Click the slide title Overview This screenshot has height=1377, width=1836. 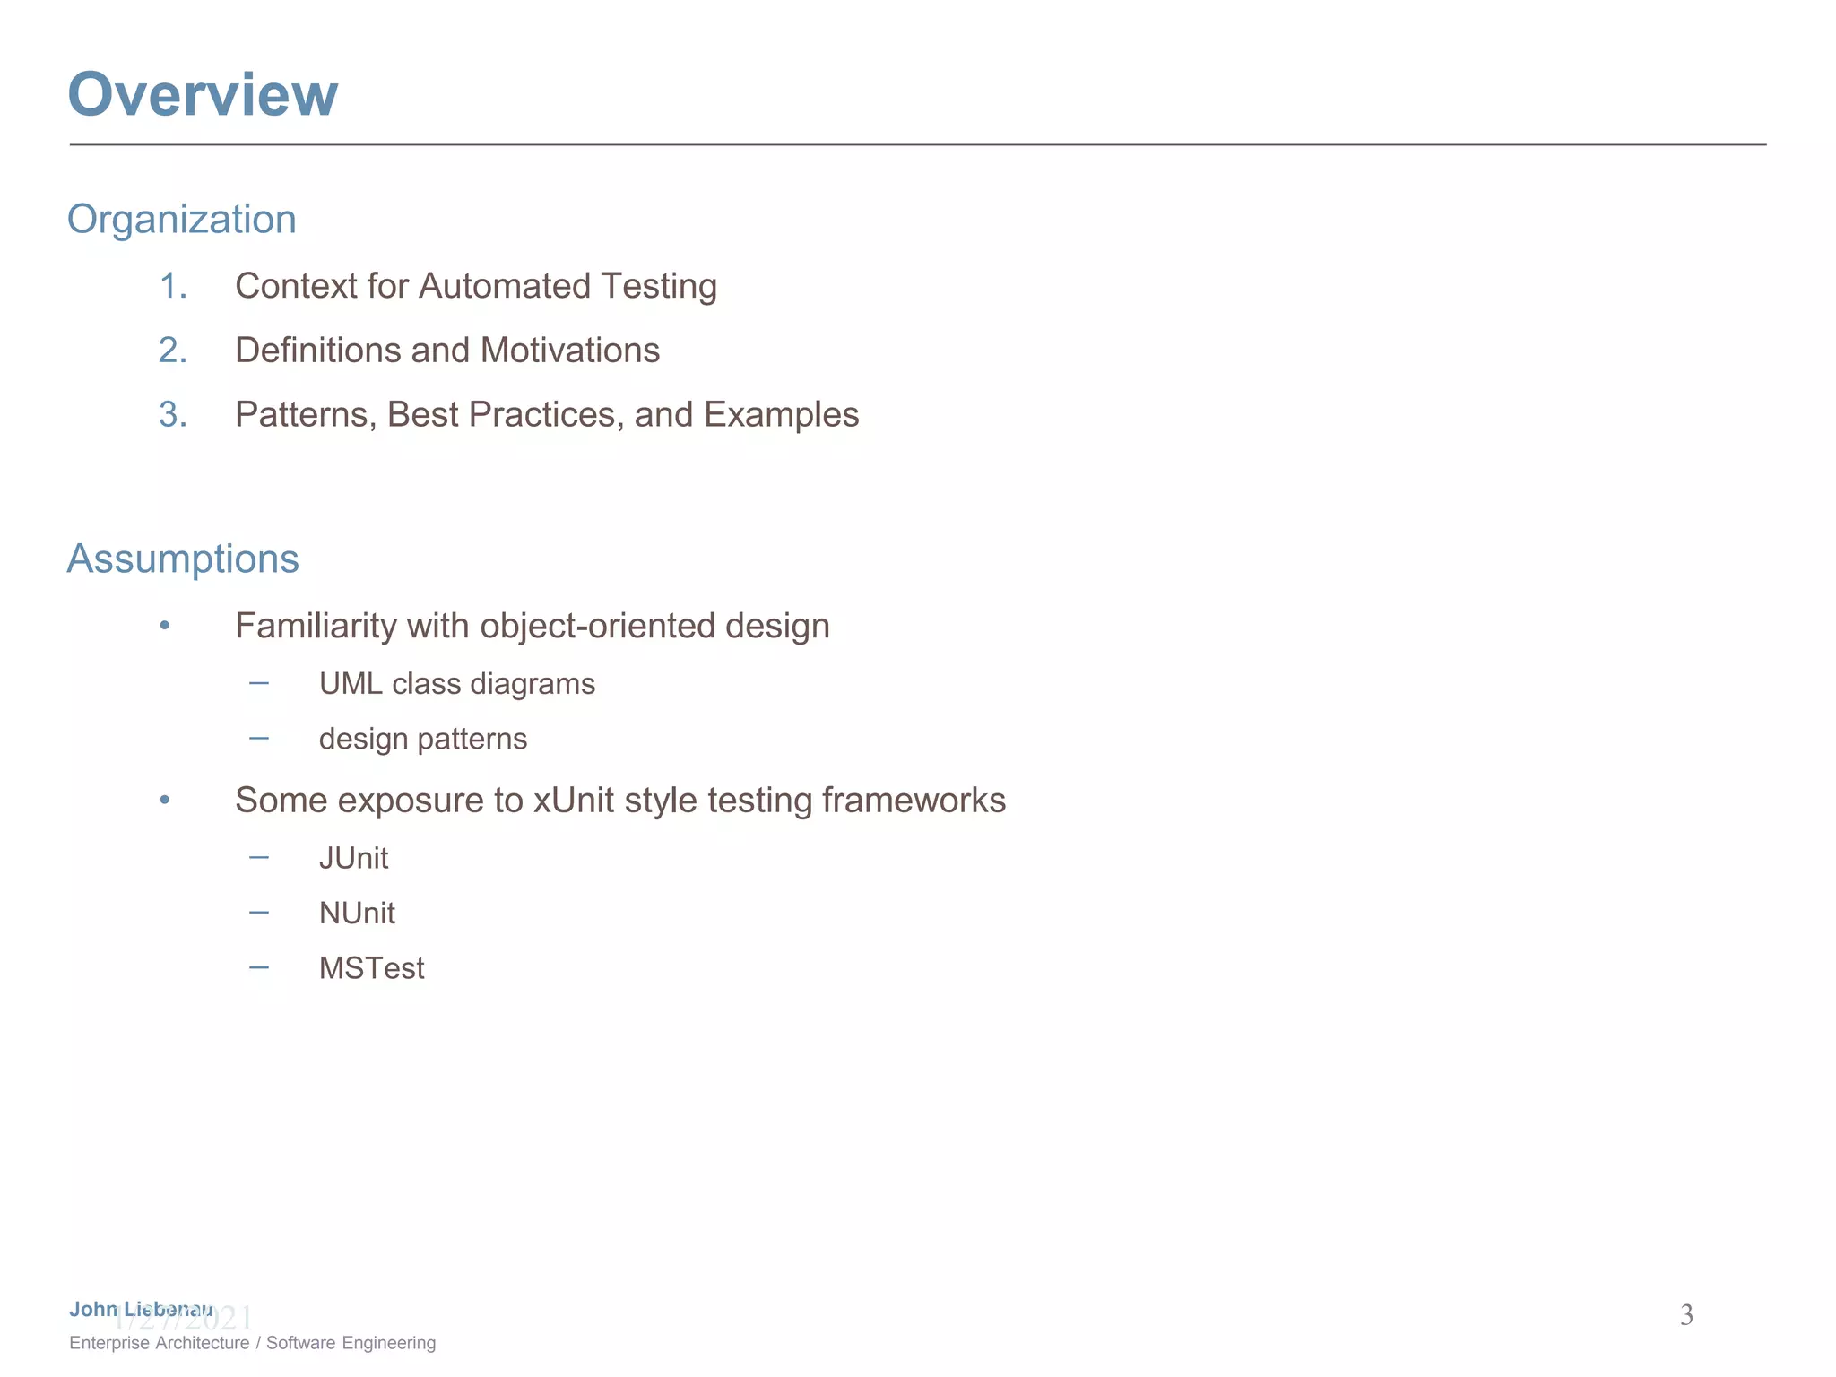tap(203, 94)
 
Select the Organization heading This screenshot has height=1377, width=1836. tap(182, 220)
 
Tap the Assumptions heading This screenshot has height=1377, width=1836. tap(183, 559)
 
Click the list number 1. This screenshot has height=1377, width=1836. tap(172, 287)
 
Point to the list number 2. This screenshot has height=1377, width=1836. tap(172, 351)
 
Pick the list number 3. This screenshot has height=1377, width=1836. tap(172, 415)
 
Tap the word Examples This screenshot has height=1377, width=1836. tap(781, 415)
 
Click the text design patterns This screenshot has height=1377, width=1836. tap(423, 740)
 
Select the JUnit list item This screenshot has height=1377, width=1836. tap(353, 859)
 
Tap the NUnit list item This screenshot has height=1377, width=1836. tap(357, 914)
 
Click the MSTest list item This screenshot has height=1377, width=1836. tap(371, 969)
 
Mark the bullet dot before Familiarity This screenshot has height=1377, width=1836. tap(165, 626)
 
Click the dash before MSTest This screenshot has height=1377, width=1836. tap(259, 967)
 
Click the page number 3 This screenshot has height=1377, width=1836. tap(1686, 1315)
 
